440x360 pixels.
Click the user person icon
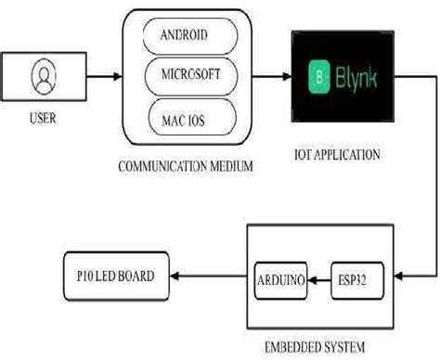click(x=41, y=76)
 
